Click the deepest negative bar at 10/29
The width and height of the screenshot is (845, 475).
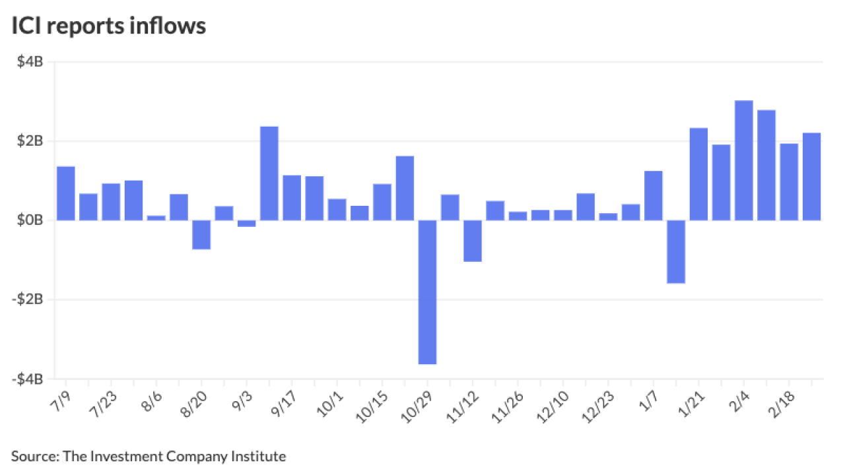(x=427, y=292)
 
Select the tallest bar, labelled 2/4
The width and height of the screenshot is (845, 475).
(x=743, y=160)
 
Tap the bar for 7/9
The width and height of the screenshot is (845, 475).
(x=65, y=193)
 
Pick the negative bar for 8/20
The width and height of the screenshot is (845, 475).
(x=201, y=234)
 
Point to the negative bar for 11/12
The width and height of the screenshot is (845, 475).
(x=472, y=241)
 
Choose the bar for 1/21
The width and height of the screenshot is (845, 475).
(x=698, y=174)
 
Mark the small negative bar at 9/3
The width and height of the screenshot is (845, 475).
(x=246, y=224)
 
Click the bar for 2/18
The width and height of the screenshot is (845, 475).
(x=789, y=182)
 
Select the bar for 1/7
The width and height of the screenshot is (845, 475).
(x=653, y=195)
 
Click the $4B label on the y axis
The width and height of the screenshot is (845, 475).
(x=30, y=62)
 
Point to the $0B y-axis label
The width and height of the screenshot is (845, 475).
(x=30, y=220)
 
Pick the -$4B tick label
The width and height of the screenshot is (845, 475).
(x=28, y=379)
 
